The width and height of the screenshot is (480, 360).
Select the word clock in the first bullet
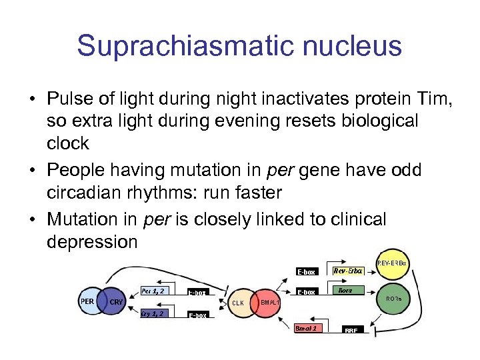coord(68,143)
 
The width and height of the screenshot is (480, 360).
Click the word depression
coord(92,241)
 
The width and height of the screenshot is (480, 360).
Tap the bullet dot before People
coord(33,171)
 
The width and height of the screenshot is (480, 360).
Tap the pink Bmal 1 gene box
coord(309,327)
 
